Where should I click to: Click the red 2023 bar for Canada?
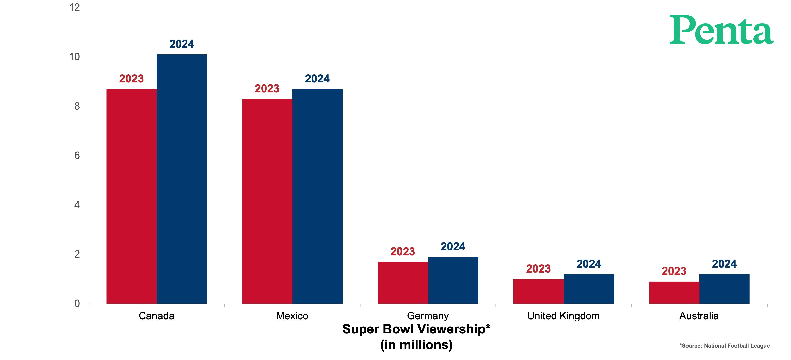pyautogui.click(x=131, y=196)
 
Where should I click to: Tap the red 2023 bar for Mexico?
pyautogui.click(x=267, y=201)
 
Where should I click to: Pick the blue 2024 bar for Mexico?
pyautogui.click(x=317, y=196)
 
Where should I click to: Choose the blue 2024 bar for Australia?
pyautogui.click(x=724, y=289)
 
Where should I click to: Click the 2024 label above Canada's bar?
pyautogui.click(x=182, y=44)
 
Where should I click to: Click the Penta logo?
pyautogui.click(x=722, y=30)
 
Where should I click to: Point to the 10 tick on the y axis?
pyautogui.click(x=74, y=57)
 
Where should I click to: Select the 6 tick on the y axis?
pyautogui.click(x=77, y=156)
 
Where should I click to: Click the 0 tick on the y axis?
pyautogui.click(x=77, y=304)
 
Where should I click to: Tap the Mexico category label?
pyautogui.click(x=292, y=316)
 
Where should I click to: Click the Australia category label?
pyautogui.click(x=699, y=316)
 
